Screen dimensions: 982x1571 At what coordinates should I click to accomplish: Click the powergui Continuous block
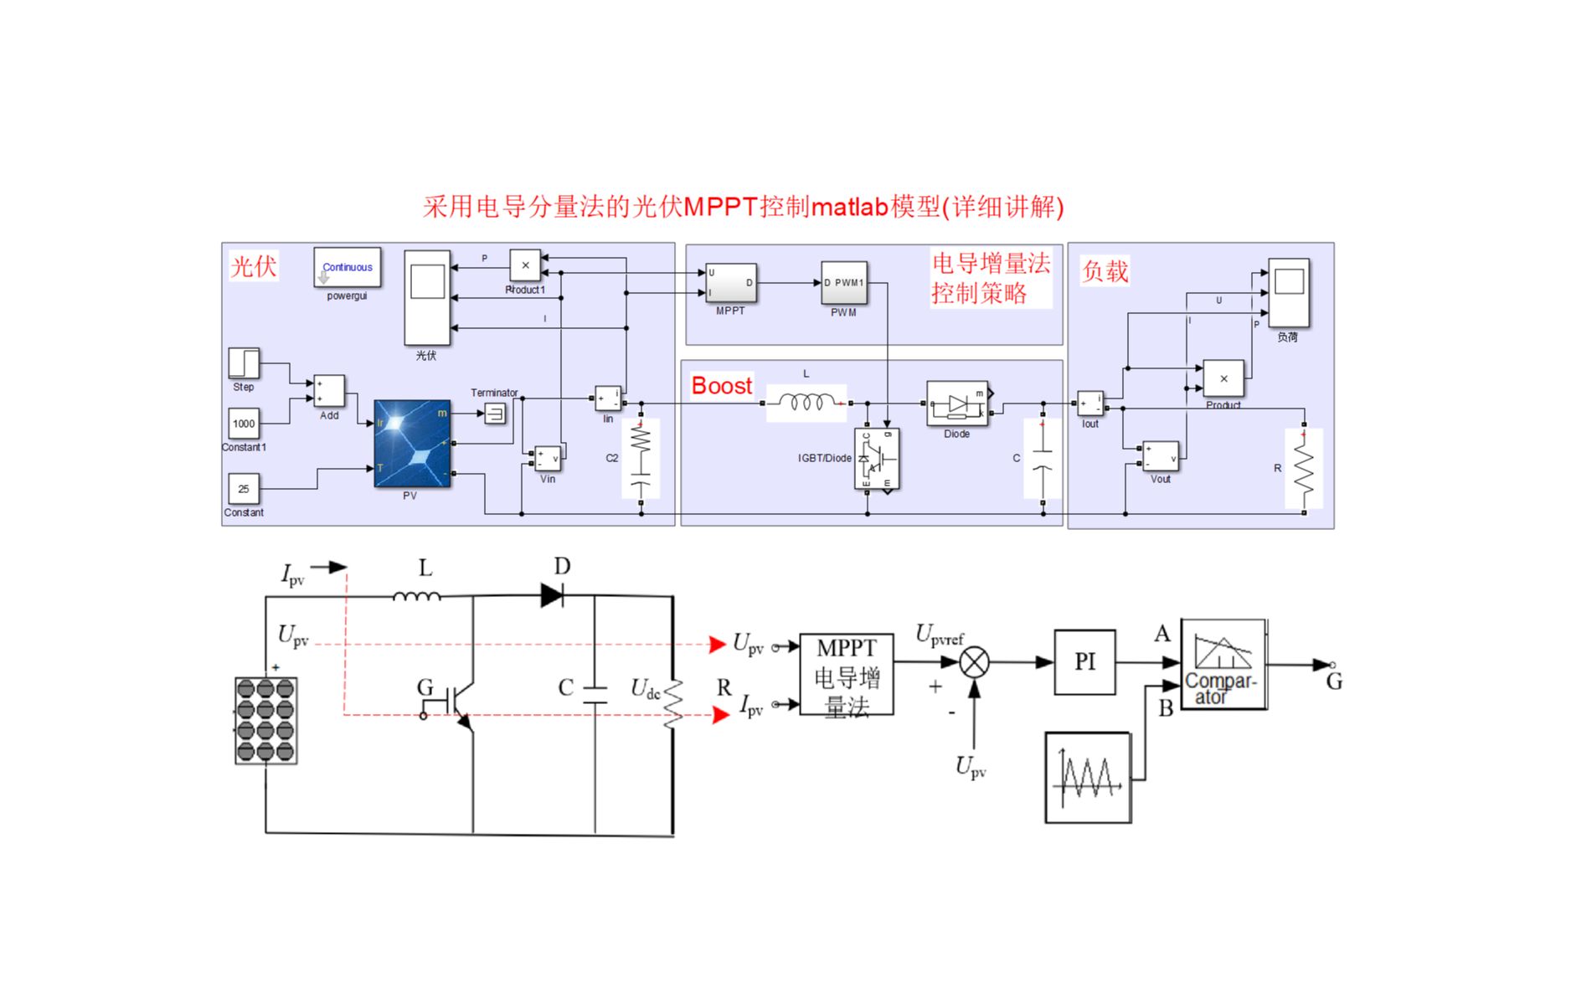(x=347, y=267)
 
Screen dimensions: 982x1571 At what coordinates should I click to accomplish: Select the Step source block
(x=244, y=363)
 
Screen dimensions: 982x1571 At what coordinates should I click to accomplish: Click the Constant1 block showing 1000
(x=244, y=424)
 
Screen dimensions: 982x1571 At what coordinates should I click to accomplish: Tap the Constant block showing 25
(x=244, y=488)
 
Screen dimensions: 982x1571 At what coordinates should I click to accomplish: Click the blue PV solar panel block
(x=412, y=444)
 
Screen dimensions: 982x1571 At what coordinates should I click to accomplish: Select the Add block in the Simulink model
(x=329, y=391)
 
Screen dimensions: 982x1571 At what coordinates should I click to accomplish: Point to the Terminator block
(x=495, y=413)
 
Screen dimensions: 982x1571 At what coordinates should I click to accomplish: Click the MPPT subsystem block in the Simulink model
(x=730, y=283)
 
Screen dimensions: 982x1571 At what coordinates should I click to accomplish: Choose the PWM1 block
(x=843, y=283)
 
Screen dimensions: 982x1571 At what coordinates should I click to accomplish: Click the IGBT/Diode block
(x=877, y=459)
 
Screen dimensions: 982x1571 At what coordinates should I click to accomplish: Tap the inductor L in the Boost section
(x=806, y=403)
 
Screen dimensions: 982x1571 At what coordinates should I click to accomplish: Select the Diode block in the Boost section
(x=957, y=404)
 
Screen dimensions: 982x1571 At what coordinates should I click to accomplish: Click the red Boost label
(x=721, y=386)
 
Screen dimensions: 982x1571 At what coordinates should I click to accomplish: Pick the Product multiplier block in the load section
(x=1223, y=379)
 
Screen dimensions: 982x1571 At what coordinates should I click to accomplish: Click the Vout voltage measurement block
(x=1160, y=456)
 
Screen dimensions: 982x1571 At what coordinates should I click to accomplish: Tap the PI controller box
(x=1084, y=662)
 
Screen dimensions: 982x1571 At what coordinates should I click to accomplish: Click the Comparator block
(x=1223, y=665)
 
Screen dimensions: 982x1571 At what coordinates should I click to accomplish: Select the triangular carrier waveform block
(x=1088, y=778)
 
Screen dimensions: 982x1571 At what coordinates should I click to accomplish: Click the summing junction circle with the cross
(x=973, y=663)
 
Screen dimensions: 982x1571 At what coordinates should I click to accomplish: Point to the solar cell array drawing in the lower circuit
(x=265, y=720)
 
